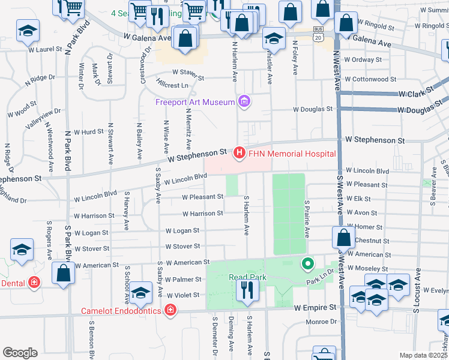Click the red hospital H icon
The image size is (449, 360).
coord(240,154)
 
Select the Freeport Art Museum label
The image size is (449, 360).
coord(195,102)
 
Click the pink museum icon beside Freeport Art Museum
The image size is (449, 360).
coord(244,101)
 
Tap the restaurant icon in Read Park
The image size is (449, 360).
coord(247,290)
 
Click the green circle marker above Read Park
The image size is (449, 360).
coord(308,263)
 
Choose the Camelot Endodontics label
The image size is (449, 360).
coord(121,311)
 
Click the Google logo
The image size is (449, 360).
coord(20,353)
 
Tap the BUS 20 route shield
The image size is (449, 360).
coord(318,33)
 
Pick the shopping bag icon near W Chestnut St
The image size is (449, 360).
coord(343,237)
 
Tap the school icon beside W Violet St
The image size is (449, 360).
coord(142,293)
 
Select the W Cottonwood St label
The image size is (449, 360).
coord(371,79)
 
